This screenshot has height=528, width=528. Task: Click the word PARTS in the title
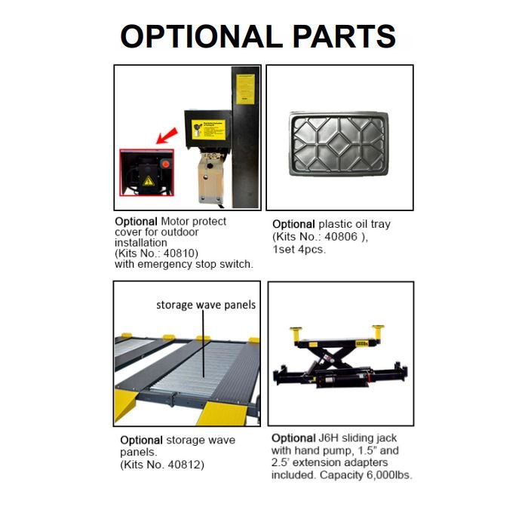pyautogui.click(x=344, y=36)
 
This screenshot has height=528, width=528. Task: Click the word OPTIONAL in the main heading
pyautogui.click(x=201, y=36)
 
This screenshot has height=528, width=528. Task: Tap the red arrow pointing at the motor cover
pyautogui.click(x=167, y=135)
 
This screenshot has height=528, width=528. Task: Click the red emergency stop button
pyautogui.click(x=166, y=164)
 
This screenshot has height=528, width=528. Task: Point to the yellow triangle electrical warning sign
pyautogui.click(x=148, y=181)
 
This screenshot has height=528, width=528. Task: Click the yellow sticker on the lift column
pyautogui.click(x=245, y=89)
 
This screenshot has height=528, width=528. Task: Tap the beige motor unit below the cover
pyautogui.click(x=210, y=177)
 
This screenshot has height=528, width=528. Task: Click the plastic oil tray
pyautogui.click(x=339, y=144)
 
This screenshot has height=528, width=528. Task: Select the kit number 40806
pyautogui.click(x=341, y=237)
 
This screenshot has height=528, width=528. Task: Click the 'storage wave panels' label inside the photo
pyautogui.click(x=206, y=305)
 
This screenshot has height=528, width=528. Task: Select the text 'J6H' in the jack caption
pyautogui.click(x=328, y=438)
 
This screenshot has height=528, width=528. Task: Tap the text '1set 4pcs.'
pyautogui.click(x=299, y=250)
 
